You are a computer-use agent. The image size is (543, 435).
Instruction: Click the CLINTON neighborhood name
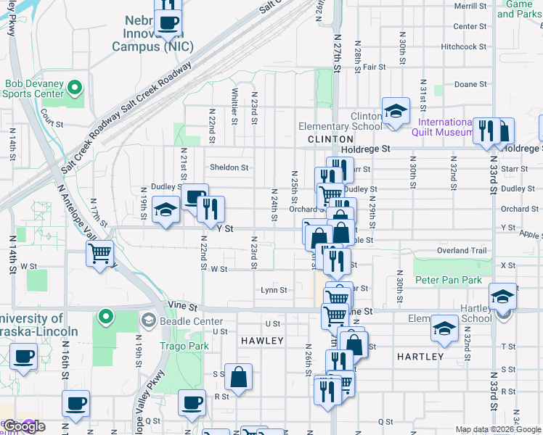pyautogui.click(x=330, y=138)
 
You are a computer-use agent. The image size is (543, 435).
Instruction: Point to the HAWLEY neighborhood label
pyautogui.click(x=262, y=340)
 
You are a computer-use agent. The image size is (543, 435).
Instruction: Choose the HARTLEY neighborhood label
pyautogui.click(x=420, y=357)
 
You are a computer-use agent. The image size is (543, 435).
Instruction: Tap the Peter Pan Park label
pyautogui.click(x=448, y=280)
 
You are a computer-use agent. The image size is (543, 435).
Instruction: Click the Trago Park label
pyautogui.click(x=184, y=346)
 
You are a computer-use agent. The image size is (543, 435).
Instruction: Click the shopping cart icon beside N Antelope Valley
pyautogui.click(x=99, y=254)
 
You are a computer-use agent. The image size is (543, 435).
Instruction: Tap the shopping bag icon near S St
pyautogui.click(x=237, y=376)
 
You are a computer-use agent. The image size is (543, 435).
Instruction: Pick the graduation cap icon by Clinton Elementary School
pyautogui.click(x=396, y=111)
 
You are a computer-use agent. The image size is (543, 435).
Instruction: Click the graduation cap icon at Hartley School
pyautogui.click(x=502, y=296)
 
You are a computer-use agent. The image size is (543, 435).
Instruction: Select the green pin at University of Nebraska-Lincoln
pyautogui.click(x=106, y=317)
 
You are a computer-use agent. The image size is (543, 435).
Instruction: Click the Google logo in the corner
pyautogui.click(x=24, y=426)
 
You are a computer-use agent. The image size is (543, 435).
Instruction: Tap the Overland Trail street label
pyautogui.click(x=461, y=251)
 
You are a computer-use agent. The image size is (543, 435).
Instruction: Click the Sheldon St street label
pyautogui.click(x=229, y=167)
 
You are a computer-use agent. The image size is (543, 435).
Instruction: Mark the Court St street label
pyautogui.click(x=52, y=124)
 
